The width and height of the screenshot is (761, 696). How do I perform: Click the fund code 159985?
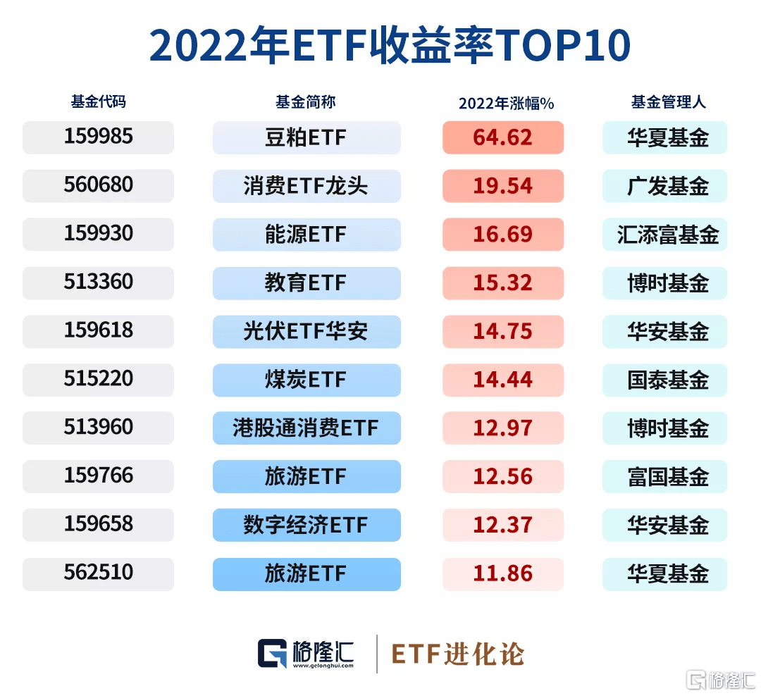click(x=98, y=137)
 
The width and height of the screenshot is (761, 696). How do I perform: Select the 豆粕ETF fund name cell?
click(x=307, y=137)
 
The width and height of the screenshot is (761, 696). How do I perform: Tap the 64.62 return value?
click(x=502, y=137)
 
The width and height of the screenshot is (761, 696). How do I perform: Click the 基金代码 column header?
click(x=98, y=101)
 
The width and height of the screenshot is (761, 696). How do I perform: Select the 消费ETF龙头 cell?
click(x=307, y=186)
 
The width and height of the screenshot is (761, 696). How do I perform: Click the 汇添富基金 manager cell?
click(x=664, y=234)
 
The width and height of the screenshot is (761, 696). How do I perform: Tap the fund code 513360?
click(x=98, y=282)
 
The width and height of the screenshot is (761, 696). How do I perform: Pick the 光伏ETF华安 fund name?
click(x=307, y=331)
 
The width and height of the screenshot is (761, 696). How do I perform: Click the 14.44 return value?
click(x=502, y=380)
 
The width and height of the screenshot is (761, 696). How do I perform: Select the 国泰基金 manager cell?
click(x=664, y=380)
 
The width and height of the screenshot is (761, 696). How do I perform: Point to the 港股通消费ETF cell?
click(x=307, y=428)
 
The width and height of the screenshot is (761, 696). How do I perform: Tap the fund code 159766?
click(x=98, y=476)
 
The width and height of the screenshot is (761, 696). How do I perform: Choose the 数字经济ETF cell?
click(x=307, y=525)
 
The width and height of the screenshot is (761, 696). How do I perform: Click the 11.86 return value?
click(x=502, y=573)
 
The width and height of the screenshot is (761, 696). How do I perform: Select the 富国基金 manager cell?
click(x=664, y=476)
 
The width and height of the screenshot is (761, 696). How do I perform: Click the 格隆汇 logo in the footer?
click(x=306, y=653)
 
